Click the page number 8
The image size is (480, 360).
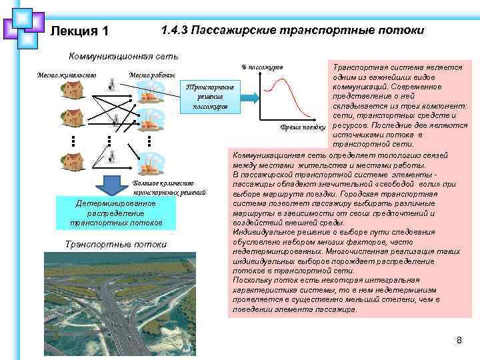[x=459, y=341]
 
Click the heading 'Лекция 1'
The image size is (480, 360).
[x=79, y=32]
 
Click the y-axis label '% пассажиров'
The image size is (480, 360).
[x=261, y=67]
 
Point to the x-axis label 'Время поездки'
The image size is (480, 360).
[x=301, y=127]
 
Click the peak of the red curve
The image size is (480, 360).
[x=286, y=79]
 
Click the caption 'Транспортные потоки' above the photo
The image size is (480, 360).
[x=116, y=244]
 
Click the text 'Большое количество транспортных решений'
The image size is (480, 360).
[x=169, y=187]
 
